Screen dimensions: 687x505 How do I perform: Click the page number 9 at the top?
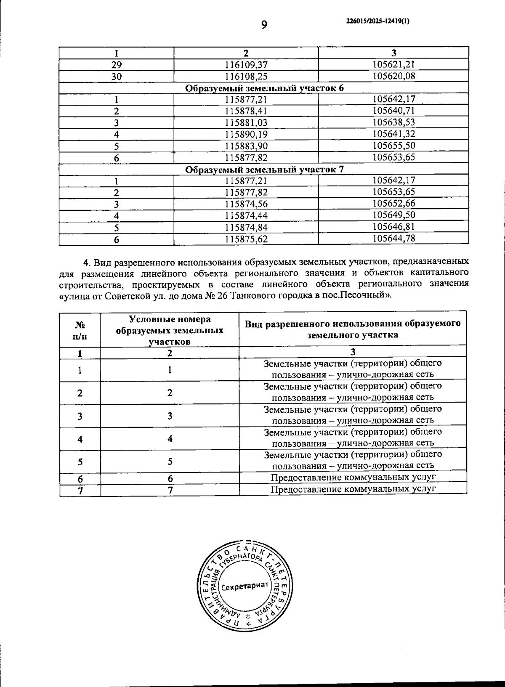pos(264,25)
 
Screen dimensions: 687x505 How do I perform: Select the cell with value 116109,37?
pos(246,64)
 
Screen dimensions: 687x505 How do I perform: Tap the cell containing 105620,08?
pos(394,76)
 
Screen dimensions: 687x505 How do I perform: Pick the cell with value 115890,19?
pos(246,135)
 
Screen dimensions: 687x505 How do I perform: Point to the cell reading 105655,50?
pos(394,146)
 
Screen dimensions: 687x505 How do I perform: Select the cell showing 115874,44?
pos(246,216)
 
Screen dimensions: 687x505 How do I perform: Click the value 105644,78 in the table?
pos(394,239)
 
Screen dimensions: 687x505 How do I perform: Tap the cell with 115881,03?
pos(246,123)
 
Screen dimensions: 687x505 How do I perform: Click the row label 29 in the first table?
pos(116,65)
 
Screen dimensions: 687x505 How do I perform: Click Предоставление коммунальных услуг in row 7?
pos(353,489)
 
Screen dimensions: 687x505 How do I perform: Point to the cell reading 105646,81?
pos(394,227)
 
